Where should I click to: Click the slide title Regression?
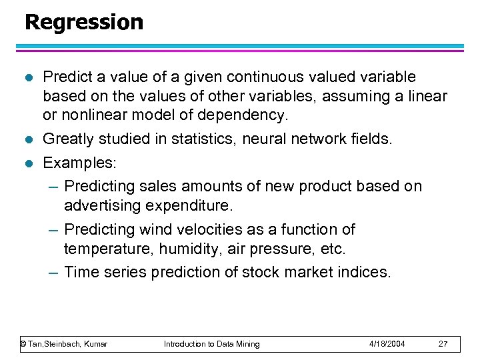[x=83, y=22]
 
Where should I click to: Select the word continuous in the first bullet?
[x=254, y=77]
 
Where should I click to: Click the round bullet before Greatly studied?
[x=27, y=139]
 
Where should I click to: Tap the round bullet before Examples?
[x=27, y=163]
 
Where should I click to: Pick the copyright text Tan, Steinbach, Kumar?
[x=64, y=344]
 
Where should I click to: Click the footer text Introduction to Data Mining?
[x=212, y=344]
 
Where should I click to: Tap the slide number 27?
[x=443, y=344]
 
